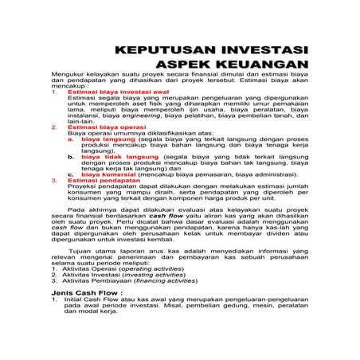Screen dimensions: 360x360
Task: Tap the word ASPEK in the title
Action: coord(197,63)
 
